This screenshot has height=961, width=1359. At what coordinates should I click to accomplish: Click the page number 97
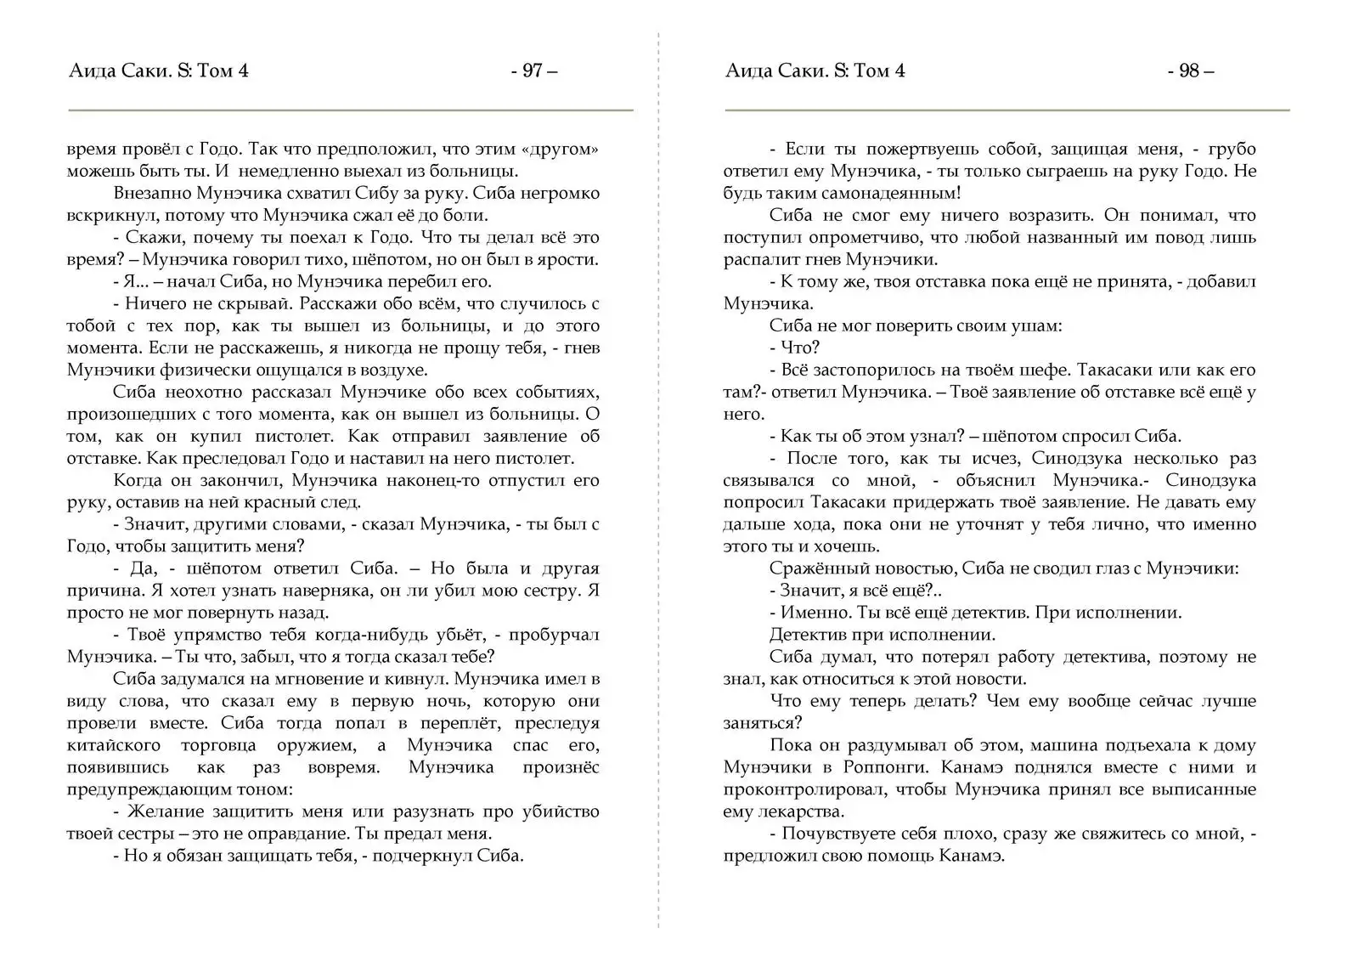(x=533, y=71)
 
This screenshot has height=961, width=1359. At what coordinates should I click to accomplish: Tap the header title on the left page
(x=159, y=71)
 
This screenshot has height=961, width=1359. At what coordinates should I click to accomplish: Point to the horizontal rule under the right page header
(x=1007, y=110)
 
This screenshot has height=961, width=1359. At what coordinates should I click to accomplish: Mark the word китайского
(x=113, y=746)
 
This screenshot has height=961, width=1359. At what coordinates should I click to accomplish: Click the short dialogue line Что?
(x=799, y=348)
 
